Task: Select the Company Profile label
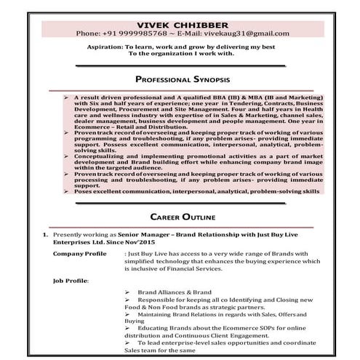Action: pyautogui.click(x=79, y=254)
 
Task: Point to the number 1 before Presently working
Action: pyautogui.click(x=45, y=235)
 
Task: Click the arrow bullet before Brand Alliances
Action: pyautogui.click(x=127, y=292)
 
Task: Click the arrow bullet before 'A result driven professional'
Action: pyautogui.click(x=65, y=96)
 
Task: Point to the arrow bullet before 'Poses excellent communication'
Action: pyautogui.click(x=65, y=191)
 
